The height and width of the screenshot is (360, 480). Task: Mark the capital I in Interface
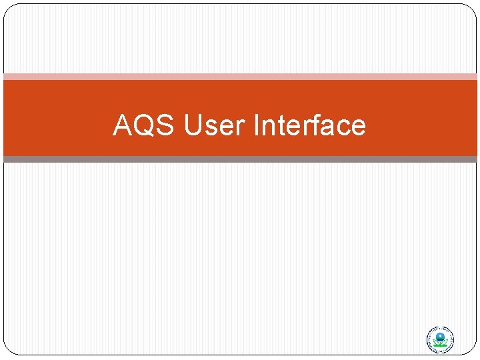coord(258,125)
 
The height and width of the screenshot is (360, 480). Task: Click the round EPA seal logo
coord(439,340)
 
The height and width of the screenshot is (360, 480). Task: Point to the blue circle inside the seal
coord(439,335)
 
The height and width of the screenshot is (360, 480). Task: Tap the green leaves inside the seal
coord(439,343)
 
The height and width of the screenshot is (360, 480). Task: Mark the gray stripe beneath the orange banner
coord(240,159)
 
